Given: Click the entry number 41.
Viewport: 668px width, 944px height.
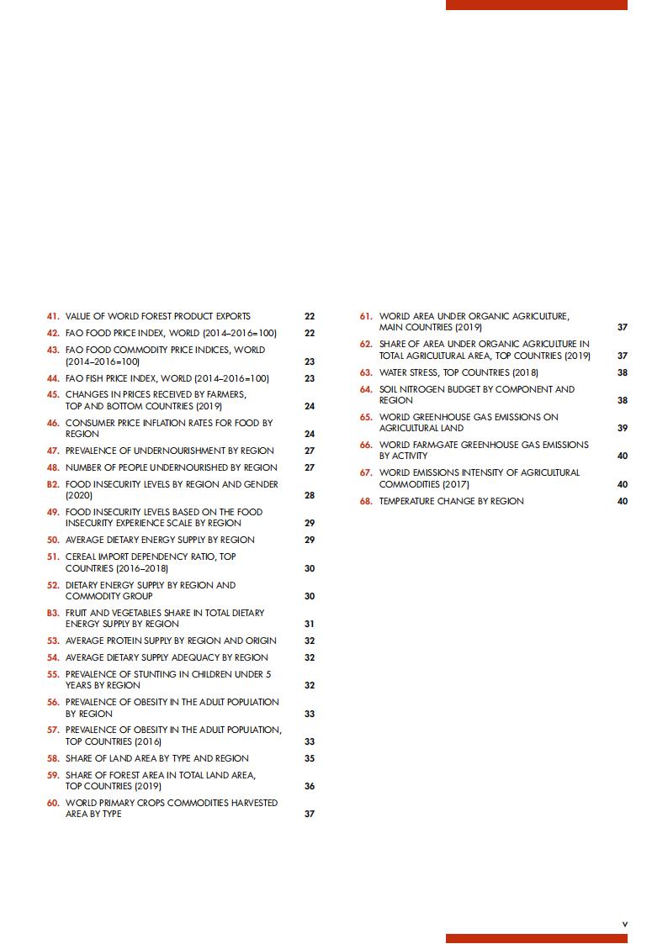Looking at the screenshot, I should [x=53, y=317].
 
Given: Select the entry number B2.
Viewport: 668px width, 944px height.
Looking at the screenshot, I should [x=53, y=484].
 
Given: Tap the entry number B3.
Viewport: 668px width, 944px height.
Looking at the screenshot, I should [x=53, y=613].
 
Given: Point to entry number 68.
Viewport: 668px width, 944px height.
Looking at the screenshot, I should [x=366, y=501].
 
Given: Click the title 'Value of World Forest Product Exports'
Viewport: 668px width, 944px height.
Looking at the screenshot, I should [x=158, y=317].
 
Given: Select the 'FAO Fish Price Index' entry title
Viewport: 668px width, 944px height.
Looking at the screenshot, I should [x=167, y=378].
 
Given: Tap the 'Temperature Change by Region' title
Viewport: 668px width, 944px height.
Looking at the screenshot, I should [x=451, y=501].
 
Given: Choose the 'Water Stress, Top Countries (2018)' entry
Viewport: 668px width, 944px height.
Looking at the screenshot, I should [x=459, y=372].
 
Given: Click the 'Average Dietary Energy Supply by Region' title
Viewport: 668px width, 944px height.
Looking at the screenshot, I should [x=160, y=540].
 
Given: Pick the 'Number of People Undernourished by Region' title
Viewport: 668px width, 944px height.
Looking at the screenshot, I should [x=172, y=467].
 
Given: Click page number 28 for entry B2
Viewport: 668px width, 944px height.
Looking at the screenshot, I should [x=310, y=496].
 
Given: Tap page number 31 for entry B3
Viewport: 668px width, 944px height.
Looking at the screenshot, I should [x=310, y=625].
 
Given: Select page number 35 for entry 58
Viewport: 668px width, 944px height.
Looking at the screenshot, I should [x=310, y=758].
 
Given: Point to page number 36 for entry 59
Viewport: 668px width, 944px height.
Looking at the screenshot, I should [x=310, y=787].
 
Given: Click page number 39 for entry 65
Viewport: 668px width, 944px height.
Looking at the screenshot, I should [x=623, y=429].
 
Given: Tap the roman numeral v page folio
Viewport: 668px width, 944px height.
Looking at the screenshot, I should [x=624, y=924].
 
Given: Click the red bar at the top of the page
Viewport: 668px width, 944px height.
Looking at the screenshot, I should [x=536, y=5].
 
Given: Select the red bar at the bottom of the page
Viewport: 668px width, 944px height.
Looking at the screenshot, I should [x=536, y=938].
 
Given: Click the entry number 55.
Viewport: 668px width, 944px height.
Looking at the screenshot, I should [x=53, y=674].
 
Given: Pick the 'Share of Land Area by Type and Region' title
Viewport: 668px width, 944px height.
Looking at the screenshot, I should [x=157, y=758].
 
